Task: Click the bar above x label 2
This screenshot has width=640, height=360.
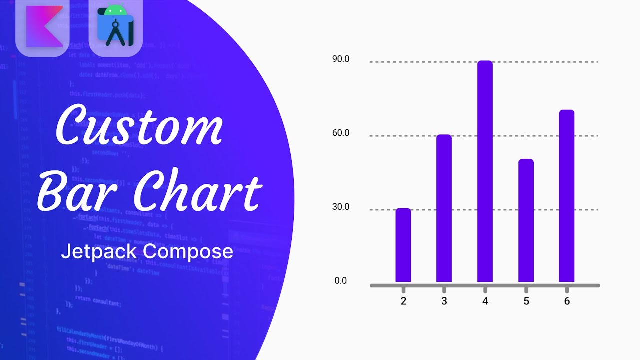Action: (403, 245)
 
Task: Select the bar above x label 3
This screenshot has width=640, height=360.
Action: (444, 208)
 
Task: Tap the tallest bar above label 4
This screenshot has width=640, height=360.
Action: (485, 171)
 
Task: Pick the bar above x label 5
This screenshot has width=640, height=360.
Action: (526, 220)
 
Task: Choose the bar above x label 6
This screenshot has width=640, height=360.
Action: (567, 196)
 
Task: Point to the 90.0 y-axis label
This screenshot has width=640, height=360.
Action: (341, 59)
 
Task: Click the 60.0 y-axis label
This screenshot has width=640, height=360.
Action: (341, 133)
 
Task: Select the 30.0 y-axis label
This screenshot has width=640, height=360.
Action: (341, 207)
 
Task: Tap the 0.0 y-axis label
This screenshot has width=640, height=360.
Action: (341, 281)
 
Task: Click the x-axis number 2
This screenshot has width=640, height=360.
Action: (403, 301)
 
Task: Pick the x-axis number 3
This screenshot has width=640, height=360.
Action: (444, 301)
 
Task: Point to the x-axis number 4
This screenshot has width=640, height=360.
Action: (485, 301)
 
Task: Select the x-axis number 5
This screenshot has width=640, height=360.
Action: (526, 301)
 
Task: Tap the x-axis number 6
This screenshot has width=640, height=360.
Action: (567, 301)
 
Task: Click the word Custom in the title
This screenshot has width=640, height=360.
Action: (138, 125)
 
